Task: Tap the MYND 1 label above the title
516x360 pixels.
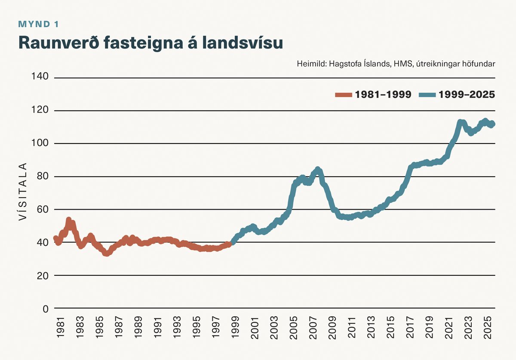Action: [x=38, y=24]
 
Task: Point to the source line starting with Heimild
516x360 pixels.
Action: [x=396, y=64]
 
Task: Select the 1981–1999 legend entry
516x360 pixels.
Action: [x=373, y=95]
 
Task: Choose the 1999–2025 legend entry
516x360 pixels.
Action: [x=457, y=95]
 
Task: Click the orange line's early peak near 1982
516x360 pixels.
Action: [x=69, y=220]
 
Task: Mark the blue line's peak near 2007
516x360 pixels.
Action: [x=318, y=170]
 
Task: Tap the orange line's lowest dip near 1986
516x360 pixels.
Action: [x=106, y=253]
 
